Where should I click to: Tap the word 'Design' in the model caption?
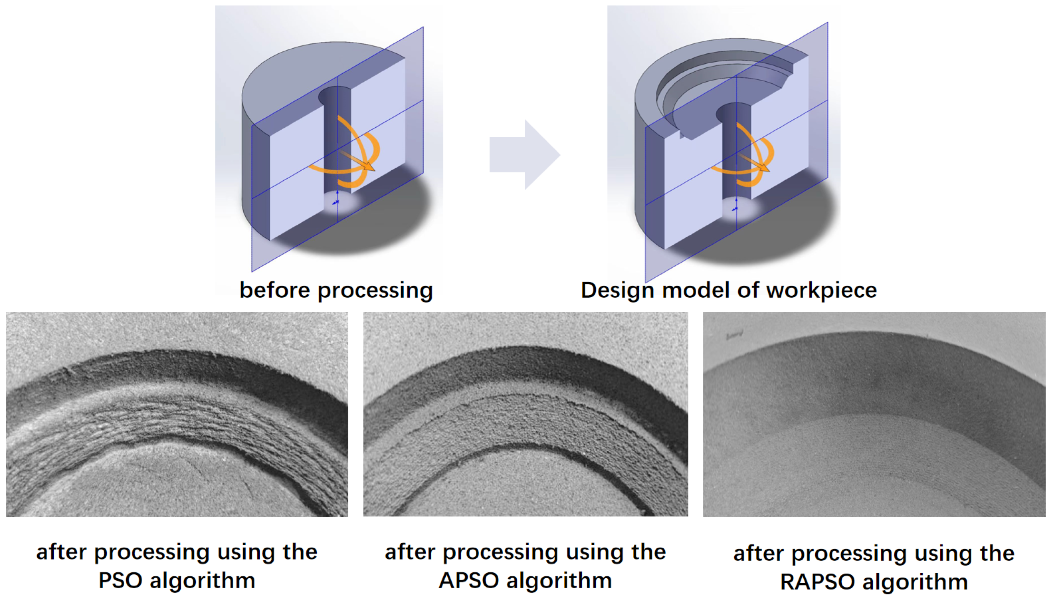617,291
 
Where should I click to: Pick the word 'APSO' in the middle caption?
469,581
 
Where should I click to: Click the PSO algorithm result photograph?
177,414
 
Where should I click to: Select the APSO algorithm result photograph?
526,414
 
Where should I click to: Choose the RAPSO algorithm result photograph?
874,414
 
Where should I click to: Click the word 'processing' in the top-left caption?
375,291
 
